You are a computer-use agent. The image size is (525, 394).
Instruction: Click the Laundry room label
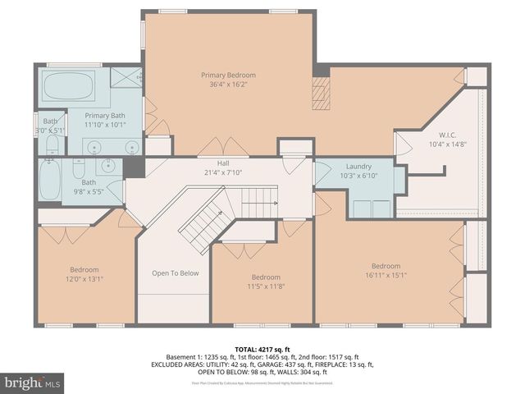[358, 166]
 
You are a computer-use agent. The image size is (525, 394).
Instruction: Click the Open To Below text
[176, 273]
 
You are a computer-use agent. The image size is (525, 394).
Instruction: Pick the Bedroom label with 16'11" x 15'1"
[386, 266]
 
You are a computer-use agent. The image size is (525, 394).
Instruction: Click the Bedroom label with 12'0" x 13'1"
[84, 270]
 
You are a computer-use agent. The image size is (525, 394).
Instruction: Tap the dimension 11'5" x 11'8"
[266, 286]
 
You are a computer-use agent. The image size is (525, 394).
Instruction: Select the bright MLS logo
[33, 383]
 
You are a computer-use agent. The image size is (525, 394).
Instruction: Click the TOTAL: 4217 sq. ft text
[262, 348]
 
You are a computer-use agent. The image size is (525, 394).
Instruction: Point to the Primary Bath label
[104, 116]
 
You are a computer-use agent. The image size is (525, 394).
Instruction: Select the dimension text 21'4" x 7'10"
[223, 172]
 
